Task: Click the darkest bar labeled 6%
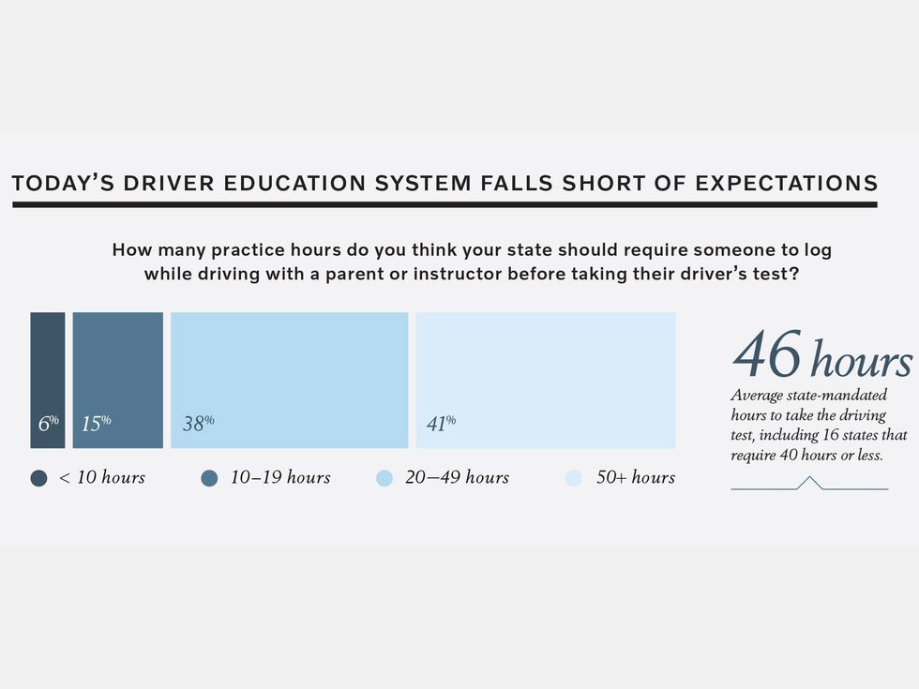click(48, 366)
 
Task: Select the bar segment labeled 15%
click(117, 366)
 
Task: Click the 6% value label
click(48, 424)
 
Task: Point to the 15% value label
click(96, 424)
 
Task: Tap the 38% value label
click(198, 424)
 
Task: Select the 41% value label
click(441, 424)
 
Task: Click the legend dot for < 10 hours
click(38, 478)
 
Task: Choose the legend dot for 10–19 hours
click(209, 478)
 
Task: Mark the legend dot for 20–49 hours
click(384, 478)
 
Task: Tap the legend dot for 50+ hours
click(574, 478)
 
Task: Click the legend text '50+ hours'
click(636, 478)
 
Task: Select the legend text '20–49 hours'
click(457, 478)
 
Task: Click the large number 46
click(767, 355)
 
